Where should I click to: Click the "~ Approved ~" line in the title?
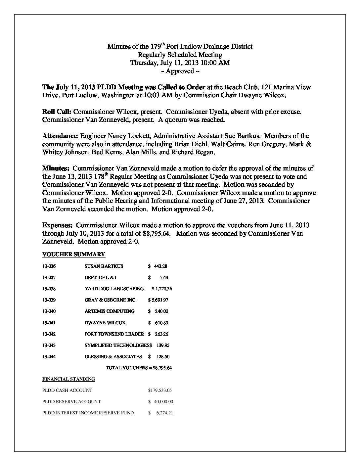pyautogui.click(x=180, y=71)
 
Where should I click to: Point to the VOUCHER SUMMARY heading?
pyautogui.click(x=74, y=254)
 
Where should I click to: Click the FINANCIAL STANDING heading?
pyautogui.click(x=68, y=379)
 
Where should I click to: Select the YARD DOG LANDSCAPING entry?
pyautogui.click(x=114, y=289)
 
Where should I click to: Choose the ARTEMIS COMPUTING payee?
pyautogui.click(x=110, y=311)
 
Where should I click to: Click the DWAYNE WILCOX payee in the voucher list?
pyautogui.click(x=105, y=323)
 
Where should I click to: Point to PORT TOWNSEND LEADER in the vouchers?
pyautogui.click(x=114, y=334)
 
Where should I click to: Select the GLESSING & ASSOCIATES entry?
pyautogui.click(x=113, y=356)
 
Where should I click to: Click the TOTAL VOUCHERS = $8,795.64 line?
pyautogui.click(x=139, y=368)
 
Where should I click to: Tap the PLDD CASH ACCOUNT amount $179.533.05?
pyautogui.click(x=160, y=390)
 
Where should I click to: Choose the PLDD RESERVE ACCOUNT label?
pyautogui.click(x=71, y=401)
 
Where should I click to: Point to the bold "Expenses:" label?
pyautogui.click(x=57, y=225)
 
